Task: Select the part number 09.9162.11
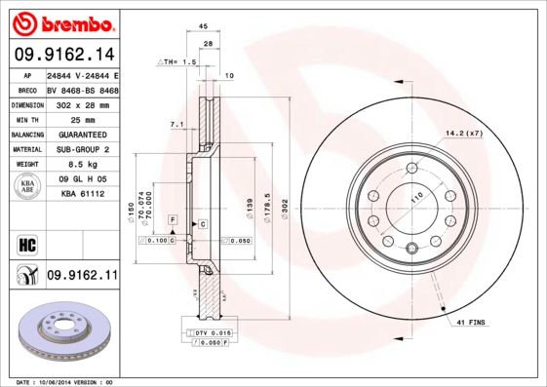82,276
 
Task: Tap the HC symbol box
26,243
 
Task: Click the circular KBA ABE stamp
28,187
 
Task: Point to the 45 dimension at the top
203,26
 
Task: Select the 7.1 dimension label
176,125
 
